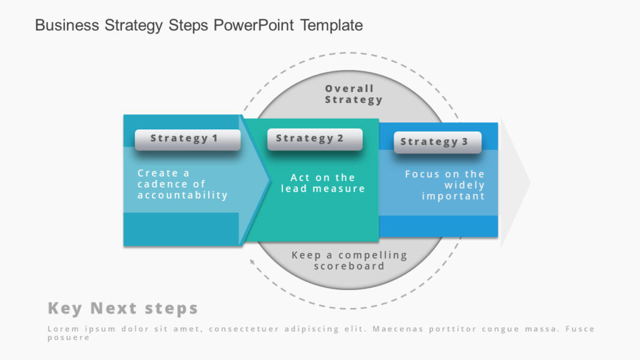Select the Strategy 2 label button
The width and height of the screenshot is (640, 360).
click(x=314, y=139)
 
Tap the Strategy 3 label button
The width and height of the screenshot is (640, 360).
click(x=437, y=142)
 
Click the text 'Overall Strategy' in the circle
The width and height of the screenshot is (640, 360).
click(x=353, y=94)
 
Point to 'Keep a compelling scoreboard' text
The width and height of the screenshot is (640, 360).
click(x=349, y=260)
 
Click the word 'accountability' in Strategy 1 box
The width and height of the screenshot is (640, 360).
click(x=182, y=195)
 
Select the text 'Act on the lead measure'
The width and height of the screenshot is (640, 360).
click(x=322, y=183)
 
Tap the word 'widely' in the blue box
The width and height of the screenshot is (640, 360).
click(x=464, y=185)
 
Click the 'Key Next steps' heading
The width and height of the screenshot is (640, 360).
click(x=122, y=308)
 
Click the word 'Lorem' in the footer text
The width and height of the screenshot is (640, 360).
click(x=60, y=329)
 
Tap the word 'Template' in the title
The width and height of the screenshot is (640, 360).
click(x=331, y=26)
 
